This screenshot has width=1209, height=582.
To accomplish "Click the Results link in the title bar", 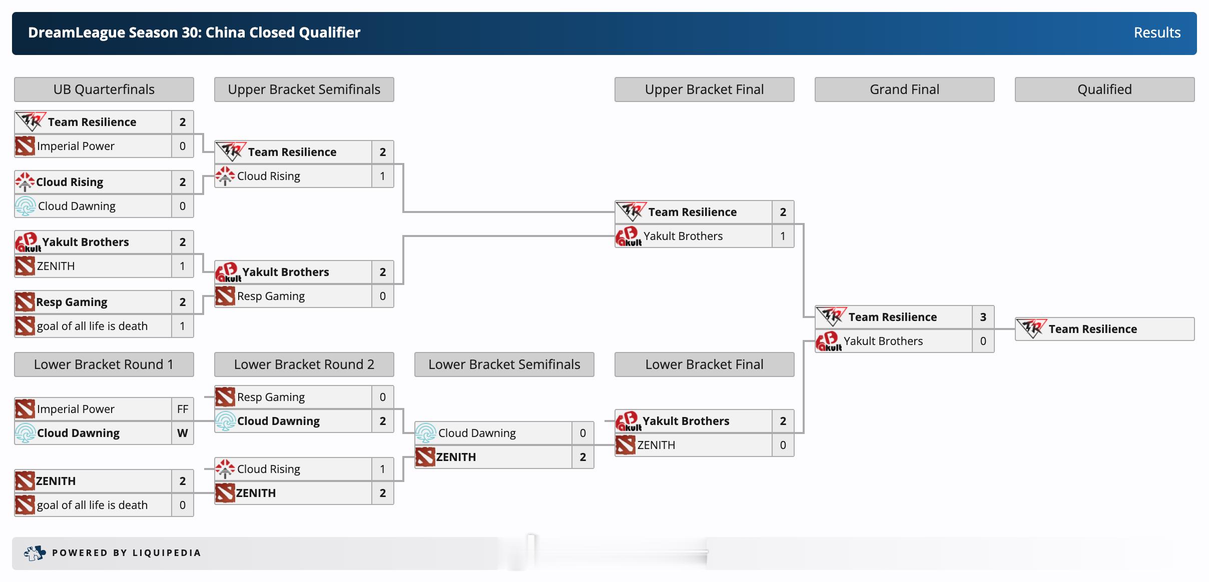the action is [x=1156, y=33].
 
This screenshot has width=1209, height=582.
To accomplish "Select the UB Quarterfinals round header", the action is [x=104, y=89].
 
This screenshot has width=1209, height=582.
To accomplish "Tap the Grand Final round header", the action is [x=904, y=89].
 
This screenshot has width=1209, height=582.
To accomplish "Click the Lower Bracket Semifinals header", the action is [x=504, y=364].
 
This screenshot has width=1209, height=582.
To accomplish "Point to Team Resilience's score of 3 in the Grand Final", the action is [x=983, y=317].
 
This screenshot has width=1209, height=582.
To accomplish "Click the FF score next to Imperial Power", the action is [x=183, y=409].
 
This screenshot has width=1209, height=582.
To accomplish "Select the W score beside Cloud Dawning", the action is [x=183, y=433].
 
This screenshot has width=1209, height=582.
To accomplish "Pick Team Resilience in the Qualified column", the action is [x=1092, y=329].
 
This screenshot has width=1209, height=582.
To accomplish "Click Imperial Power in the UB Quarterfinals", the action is [x=76, y=146].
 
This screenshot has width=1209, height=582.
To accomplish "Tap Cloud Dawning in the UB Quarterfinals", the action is [x=77, y=206].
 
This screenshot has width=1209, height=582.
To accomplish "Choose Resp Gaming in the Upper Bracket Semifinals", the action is [x=271, y=296].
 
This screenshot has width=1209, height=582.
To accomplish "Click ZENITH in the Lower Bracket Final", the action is [x=656, y=445].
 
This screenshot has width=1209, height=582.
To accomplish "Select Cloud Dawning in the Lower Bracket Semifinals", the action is [x=477, y=433].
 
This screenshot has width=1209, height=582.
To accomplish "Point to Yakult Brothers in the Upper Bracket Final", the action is [x=683, y=236].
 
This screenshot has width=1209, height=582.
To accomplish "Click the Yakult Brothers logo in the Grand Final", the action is [x=829, y=341].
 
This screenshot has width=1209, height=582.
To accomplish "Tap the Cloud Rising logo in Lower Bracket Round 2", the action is [x=225, y=469].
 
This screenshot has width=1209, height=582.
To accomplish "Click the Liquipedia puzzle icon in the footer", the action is [x=35, y=553].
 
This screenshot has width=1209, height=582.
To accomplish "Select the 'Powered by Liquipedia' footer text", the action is [x=127, y=553].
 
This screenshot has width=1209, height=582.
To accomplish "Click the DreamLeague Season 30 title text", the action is [x=194, y=33].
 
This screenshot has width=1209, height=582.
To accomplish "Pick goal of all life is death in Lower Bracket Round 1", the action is [x=92, y=505].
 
